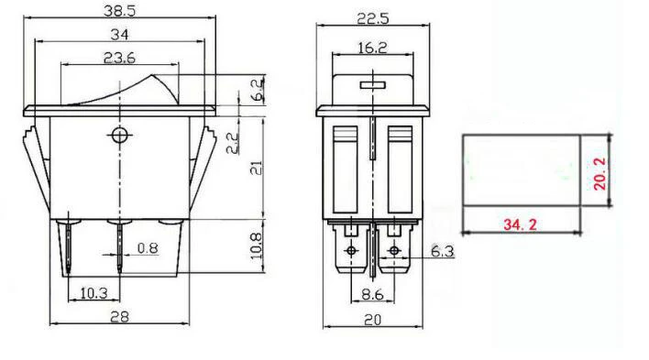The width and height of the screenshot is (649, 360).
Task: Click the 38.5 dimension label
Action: (x=119, y=11)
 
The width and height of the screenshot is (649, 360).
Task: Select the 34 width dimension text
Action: (x=119, y=34)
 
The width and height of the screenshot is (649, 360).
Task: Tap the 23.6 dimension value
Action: (x=119, y=58)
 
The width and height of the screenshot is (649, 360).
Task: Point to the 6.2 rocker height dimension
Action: (x=258, y=90)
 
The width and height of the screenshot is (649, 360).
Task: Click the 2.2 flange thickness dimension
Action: (x=233, y=143)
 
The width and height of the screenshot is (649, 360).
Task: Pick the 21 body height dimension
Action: (x=257, y=168)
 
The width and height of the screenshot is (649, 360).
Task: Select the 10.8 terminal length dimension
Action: (x=256, y=245)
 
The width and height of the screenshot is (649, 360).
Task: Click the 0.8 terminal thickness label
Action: (x=148, y=248)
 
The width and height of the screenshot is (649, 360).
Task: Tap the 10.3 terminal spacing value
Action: (x=93, y=293)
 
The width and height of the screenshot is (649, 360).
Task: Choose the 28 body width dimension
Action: (x=119, y=317)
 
